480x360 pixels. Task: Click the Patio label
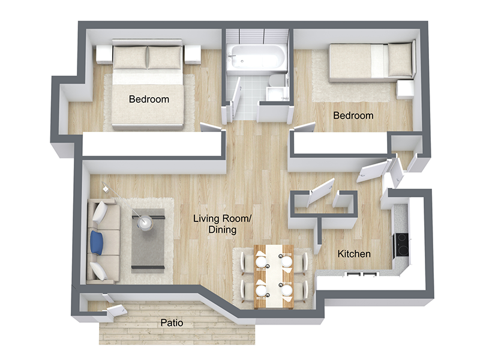tap(172, 323)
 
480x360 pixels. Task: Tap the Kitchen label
tap(354, 253)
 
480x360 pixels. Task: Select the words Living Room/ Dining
tap(223, 224)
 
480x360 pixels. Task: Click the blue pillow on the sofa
tap(97, 242)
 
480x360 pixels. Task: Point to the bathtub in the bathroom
tap(256, 57)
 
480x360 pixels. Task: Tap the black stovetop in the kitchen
tap(401, 245)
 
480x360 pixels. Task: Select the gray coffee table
tap(148, 241)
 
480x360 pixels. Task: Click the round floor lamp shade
tap(144, 223)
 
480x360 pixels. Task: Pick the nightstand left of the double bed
tap(104, 55)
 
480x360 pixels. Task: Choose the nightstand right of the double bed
tap(193, 55)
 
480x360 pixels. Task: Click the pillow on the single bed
tap(400, 60)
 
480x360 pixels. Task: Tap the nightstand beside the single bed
tap(405, 89)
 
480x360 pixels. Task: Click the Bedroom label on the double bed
tap(149, 99)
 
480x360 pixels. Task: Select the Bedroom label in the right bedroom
tap(353, 115)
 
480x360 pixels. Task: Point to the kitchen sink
tap(362, 274)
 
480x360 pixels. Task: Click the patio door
tap(116, 311)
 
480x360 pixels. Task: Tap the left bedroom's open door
tap(211, 127)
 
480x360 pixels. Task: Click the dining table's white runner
tap(274, 276)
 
